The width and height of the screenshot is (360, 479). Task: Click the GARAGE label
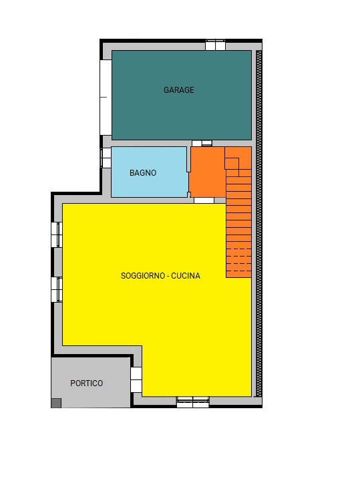(x=178, y=90)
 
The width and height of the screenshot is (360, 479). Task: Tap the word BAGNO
(x=143, y=173)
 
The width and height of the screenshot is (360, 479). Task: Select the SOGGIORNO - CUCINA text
(x=160, y=275)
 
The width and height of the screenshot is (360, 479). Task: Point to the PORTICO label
(x=86, y=383)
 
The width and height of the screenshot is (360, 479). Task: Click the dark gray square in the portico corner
(x=56, y=403)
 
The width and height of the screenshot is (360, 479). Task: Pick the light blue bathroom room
(x=150, y=172)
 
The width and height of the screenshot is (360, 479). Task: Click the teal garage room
(x=182, y=95)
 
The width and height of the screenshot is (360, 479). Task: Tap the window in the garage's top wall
(x=215, y=45)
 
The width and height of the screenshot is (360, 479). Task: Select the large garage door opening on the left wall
(x=106, y=98)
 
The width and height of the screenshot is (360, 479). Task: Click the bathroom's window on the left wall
(x=106, y=158)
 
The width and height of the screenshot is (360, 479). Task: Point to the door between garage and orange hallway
(x=202, y=143)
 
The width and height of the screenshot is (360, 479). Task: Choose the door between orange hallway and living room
(x=204, y=200)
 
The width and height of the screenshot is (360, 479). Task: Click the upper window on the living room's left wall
(x=57, y=234)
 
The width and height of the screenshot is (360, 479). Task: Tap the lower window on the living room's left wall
(x=57, y=289)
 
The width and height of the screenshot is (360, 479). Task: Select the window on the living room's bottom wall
(x=193, y=402)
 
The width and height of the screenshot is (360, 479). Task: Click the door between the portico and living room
(x=136, y=379)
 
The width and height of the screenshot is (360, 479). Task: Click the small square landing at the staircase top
(x=232, y=164)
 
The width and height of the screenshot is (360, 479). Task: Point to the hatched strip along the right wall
(x=259, y=224)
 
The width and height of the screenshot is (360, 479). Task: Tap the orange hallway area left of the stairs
(x=208, y=172)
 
